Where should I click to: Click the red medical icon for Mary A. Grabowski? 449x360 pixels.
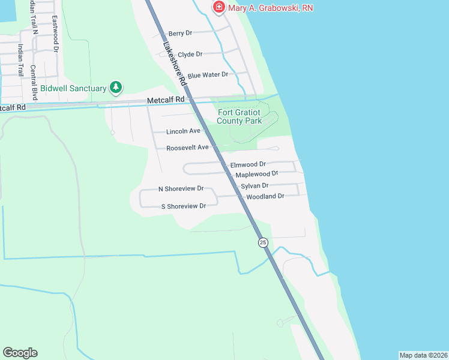pos(219,7)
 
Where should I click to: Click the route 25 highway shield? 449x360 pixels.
pos(263,242)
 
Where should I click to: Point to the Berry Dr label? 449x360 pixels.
pos(180,34)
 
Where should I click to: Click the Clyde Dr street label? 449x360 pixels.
pos(190,54)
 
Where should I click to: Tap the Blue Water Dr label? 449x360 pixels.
pos(208,75)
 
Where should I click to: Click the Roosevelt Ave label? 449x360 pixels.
pos(187,147)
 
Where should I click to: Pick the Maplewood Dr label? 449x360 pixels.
pos(257,173)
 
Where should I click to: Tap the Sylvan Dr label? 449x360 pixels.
pos(255,186)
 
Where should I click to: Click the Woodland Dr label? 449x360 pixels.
pos(265,196)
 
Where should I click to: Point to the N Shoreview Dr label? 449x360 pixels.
pos(181,188)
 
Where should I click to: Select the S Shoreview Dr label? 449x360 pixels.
pos(183,206)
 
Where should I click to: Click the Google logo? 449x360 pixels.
pos(20,353)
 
